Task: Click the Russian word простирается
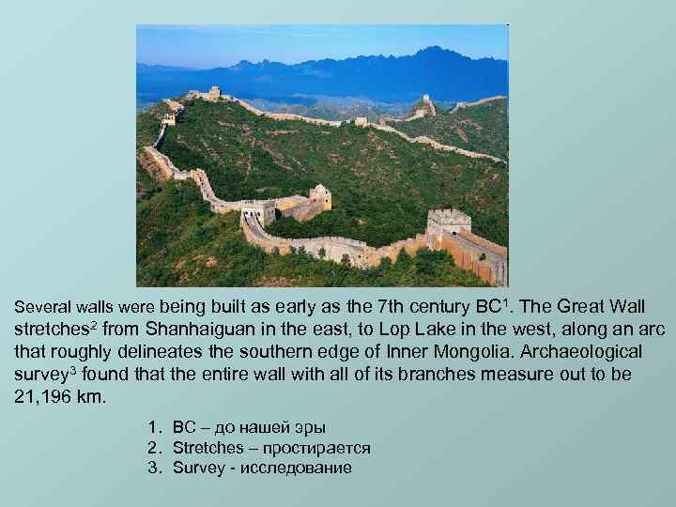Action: pos(318,448)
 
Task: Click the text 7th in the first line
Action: pos(392,306)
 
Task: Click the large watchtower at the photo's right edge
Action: pos(449,226)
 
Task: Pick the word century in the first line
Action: pos(446,306)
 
